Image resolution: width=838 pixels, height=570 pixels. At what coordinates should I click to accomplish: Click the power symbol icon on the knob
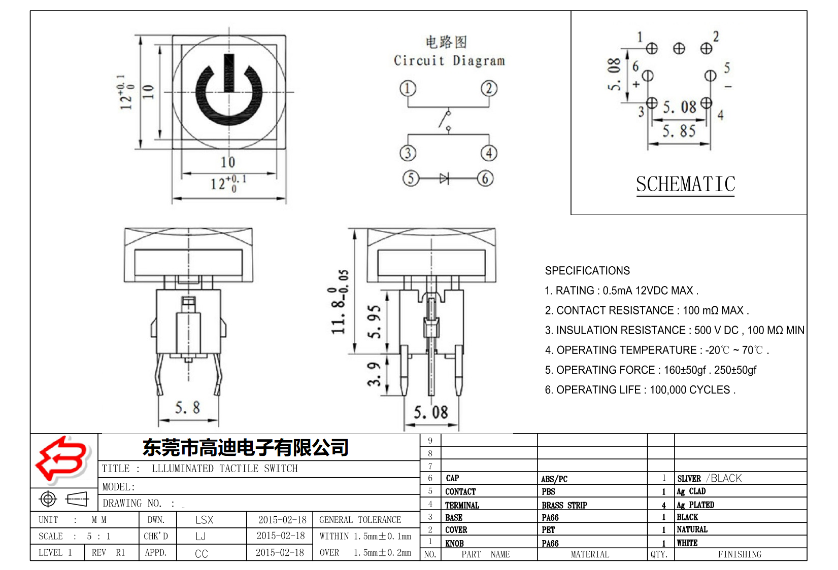click(229, 92)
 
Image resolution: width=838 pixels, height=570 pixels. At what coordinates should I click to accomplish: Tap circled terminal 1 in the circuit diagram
click(408, 88)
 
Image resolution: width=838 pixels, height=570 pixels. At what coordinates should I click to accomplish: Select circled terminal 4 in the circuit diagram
click(489, 153)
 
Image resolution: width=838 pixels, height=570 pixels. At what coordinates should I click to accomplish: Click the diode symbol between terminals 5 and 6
click(445, 179)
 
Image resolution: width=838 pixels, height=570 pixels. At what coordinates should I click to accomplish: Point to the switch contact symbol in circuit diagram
click(446, 120)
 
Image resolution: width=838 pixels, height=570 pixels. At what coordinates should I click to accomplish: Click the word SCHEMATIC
click(685, 184)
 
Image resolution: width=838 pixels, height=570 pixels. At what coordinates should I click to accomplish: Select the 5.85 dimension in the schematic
click(679, 131)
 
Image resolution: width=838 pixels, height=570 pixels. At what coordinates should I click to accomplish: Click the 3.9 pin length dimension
click(374, 374)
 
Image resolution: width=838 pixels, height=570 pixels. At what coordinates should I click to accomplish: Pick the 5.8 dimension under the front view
click(187, 408)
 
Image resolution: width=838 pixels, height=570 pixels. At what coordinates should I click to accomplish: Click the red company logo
click(62, 459)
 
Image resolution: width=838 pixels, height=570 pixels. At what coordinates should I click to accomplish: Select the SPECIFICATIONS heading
click(587, 271)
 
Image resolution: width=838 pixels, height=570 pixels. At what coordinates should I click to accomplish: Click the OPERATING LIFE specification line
click(640, 390)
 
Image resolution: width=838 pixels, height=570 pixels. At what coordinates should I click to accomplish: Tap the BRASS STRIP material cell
click(564, 505)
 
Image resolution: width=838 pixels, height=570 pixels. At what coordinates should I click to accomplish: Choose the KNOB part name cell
click(454, 543)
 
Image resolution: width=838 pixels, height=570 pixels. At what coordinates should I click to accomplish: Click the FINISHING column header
click(739, 554)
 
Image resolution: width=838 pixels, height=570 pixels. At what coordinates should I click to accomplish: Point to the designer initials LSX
click(204, 520)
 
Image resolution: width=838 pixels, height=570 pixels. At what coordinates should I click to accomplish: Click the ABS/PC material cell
click(554, 479)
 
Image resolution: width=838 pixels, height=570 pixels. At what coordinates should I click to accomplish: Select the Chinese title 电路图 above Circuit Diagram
click(446, 42)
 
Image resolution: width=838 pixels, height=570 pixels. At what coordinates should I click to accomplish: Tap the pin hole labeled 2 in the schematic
click(706, 49)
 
